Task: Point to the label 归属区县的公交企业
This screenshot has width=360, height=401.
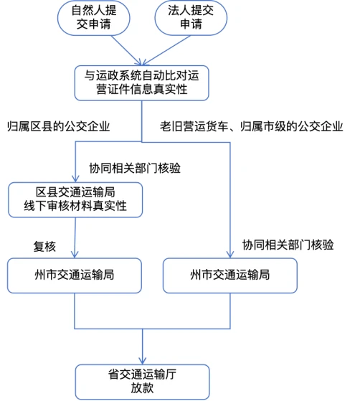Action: click(x=59, y=126)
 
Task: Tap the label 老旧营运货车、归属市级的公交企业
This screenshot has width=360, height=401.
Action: click(x=251, y=126)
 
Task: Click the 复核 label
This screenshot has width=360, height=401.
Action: click(x=44, y=247)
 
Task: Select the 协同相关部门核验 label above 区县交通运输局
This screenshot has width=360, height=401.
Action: click(x=135, y=169)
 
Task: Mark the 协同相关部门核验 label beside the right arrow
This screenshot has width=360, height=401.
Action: click(x=288, y=245)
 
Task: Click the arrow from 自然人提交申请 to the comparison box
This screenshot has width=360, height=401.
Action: click(x=126, y=50)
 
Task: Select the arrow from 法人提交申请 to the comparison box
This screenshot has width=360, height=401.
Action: click(x=166, y=50)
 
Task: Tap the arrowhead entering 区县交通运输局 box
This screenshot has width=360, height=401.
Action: click(x=75, y=179)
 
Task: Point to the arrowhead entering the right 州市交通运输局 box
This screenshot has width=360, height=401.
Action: click(x=230, y=255)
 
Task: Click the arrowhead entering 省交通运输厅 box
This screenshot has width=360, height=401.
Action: click(x=143, y=361)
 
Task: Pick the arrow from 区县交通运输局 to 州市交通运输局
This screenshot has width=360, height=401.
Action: click(x=75, y=238)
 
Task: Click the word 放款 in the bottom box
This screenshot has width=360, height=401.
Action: click(x=142, y=388)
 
